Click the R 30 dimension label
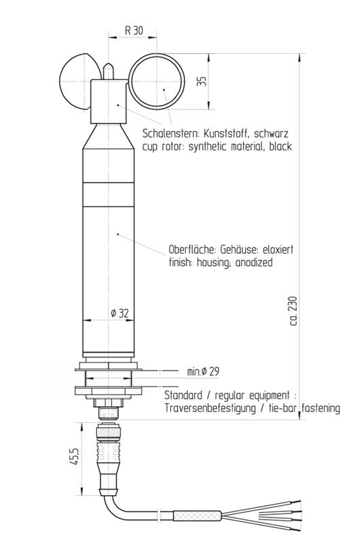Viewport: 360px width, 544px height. (x=133, y=31)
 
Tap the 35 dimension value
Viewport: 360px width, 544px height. (x=201, y=80)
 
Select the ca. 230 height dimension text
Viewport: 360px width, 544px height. (x=293, y=309)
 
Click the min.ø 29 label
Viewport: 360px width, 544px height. (x=203, y=371)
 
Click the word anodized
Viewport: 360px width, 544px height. (x=250, y=262)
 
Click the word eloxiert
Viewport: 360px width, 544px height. (x=276, y=249)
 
